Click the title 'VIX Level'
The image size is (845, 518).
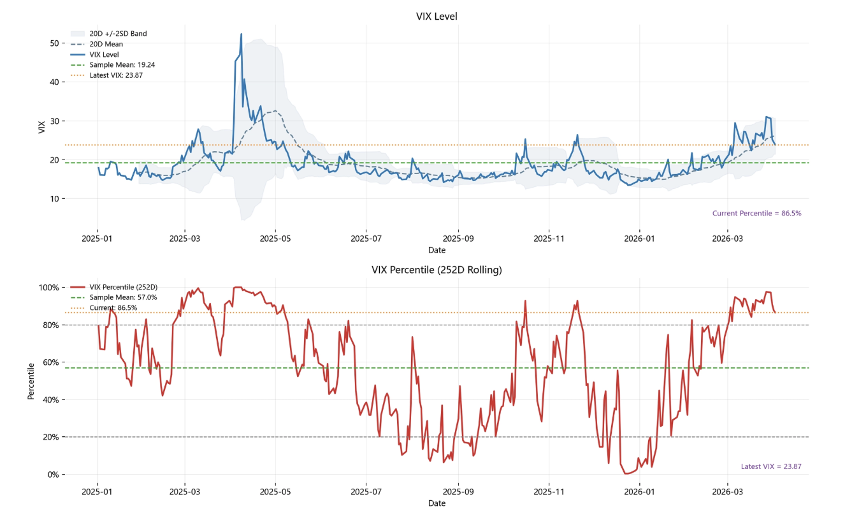[437, 17]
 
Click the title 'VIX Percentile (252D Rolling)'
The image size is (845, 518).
[437, 270]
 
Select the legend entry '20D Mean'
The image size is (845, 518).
[106, 44]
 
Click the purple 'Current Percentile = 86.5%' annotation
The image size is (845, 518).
[756, 213]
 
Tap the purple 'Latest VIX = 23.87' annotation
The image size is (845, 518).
[771, 466]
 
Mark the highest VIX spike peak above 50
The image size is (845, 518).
[241, 34]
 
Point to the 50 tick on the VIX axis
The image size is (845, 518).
[54, 43]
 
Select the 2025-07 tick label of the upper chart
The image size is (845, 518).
[366, 239]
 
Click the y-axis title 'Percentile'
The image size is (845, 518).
[31, 381]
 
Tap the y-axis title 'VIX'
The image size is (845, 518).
[41, 127]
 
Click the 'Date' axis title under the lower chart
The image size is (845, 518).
[437, 503]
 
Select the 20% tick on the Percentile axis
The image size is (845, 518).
[51, 437]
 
